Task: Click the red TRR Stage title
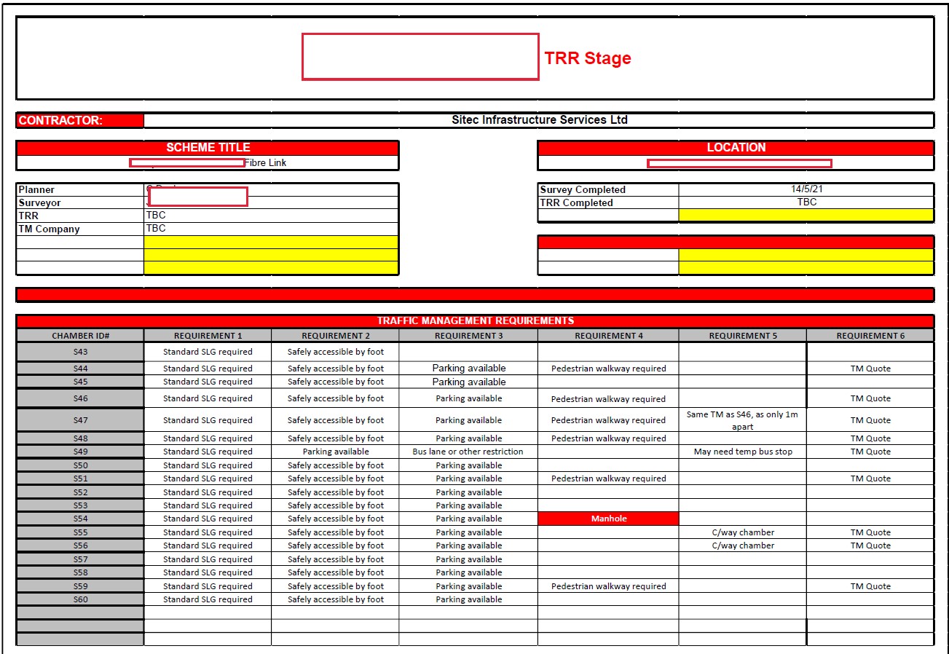[587, 58]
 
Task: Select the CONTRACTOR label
[60, 121]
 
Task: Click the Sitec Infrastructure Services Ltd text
[539, 120]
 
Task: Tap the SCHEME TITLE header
[208, 148]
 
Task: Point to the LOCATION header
[736, 148]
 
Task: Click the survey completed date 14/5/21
[806, 189]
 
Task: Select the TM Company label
[49, 229]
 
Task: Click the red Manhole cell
[608, 519]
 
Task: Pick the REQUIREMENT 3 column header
[468, 336]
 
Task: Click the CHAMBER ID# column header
[80, 336]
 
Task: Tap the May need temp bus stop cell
[742, 452]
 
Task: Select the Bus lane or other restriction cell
[468, 452]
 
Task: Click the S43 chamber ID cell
[80, 352]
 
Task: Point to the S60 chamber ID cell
[80, 599]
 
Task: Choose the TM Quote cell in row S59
[870, 586]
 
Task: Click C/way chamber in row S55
[742, 532]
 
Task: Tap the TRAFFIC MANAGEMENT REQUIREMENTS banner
[475, 321]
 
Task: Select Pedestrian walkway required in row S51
[608, 478]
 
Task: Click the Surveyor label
[40, 203]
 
